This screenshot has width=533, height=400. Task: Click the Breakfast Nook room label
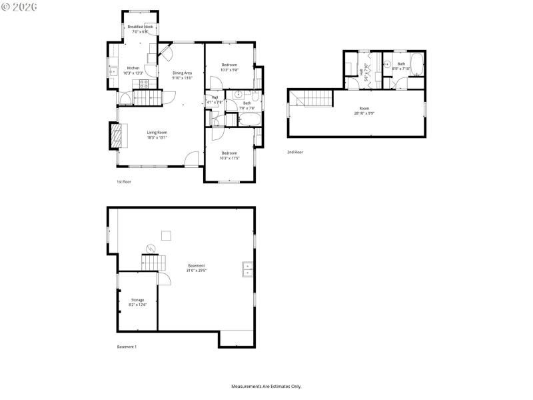(x=140, y=27)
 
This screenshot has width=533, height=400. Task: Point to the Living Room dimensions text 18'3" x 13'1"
(x=157, y=137)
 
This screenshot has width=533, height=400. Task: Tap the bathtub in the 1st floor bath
(x=251, y=119)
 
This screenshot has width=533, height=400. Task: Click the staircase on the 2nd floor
(x=317, y=99)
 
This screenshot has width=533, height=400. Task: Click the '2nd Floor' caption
(x=294, y=152)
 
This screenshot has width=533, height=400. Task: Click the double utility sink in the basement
(x=247, y=268)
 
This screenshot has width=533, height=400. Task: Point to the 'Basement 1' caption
(x=127, y=347)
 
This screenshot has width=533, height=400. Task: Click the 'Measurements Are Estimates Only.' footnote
(x=266, y=386)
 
